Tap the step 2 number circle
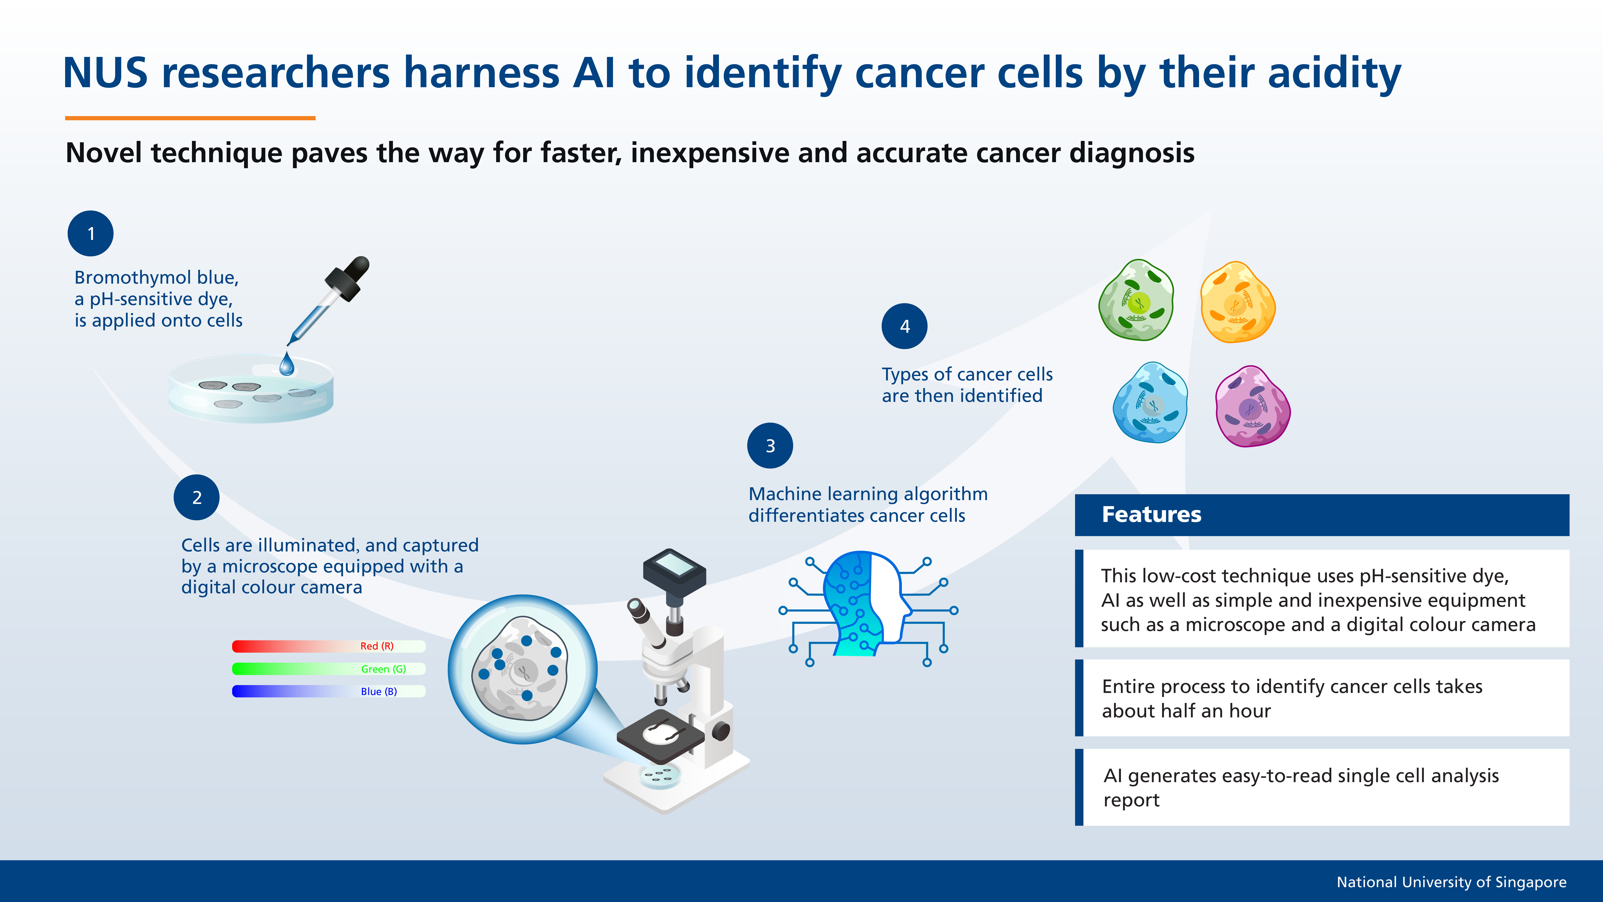pos(197,497)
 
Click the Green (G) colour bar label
pos(383,669)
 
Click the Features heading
pos(1151,515)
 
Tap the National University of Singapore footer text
pos(1451,882)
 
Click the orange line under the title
pos(190,118)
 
